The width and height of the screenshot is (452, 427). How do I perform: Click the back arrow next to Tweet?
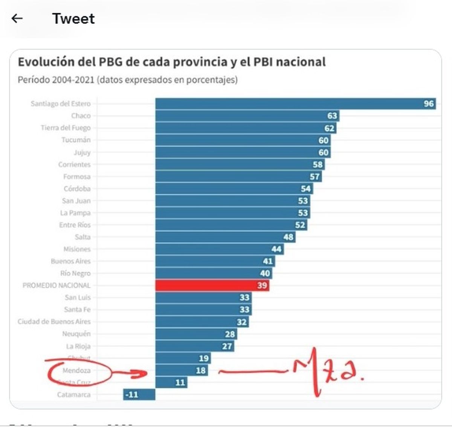[x=17, y=18]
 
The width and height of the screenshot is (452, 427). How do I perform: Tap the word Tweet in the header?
[x=73, y=18]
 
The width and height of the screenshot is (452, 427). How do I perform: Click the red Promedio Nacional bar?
[x=211, y=285]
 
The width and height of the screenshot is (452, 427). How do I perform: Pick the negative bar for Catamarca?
[x=139, y=394]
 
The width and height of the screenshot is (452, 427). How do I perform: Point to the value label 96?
[x=429, y=103]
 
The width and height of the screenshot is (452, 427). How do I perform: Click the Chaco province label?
[x=81, y=115]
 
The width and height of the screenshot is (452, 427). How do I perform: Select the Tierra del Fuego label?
[x=66, y=128]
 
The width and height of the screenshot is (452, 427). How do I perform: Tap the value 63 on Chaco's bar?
[x=332, y=115]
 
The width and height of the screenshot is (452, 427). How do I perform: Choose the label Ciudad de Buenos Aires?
[x=54, y=321]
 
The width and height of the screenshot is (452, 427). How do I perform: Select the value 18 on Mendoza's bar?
[x=201, y=371]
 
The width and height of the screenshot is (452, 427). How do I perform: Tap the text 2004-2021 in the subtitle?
[x=73, y=80]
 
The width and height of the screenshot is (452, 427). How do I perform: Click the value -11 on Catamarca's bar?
[x=132, y=395]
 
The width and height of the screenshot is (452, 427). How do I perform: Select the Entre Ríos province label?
[x=75, y=225]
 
